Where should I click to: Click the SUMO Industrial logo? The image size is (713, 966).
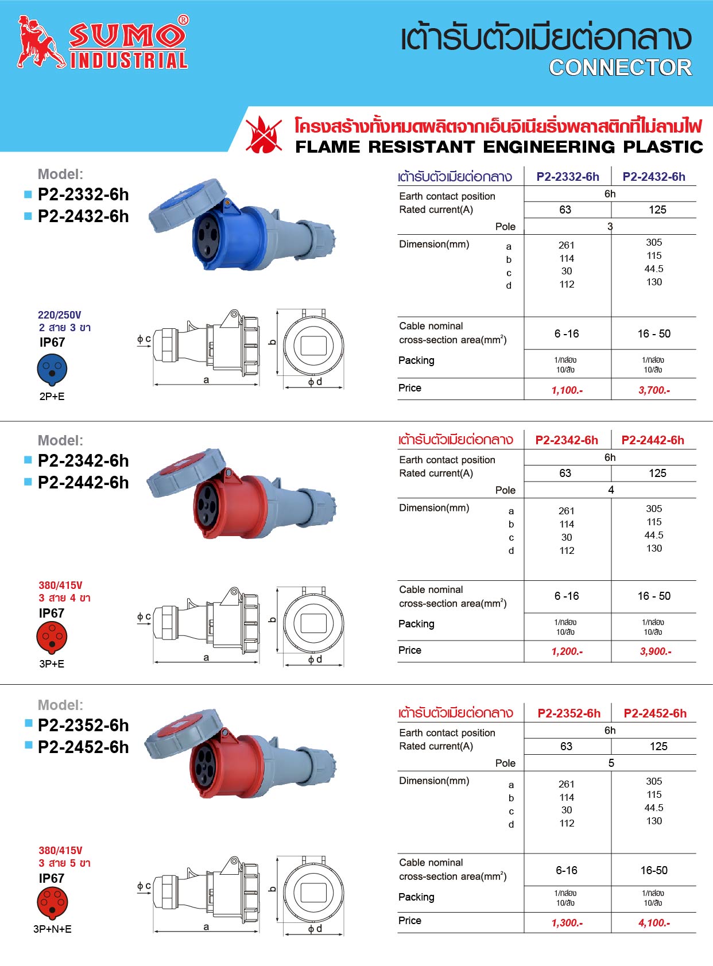[103, 42]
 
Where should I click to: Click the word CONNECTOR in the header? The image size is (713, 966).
[620, 68]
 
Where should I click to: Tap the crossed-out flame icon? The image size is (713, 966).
[263, 134]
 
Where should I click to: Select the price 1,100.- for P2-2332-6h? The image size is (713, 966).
[567, 390]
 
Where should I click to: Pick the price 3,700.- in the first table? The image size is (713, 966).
[654, 390]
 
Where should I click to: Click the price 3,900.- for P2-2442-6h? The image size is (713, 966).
[656, 651]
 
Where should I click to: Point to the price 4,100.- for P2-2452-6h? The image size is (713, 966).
[654, 923]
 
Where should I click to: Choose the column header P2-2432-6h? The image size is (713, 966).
[654, 177]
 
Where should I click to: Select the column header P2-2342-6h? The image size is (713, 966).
[567, 440]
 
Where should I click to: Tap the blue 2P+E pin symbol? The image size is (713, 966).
[52, 370]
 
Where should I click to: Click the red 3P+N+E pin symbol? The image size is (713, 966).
[52, 903]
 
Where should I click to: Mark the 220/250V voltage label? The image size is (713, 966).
[60, 315]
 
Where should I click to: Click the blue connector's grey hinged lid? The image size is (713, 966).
[187, 205]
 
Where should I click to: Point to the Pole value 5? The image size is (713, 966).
[611, 763]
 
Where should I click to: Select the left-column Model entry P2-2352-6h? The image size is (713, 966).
[83, 726]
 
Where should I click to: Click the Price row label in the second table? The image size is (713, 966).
[410, 650]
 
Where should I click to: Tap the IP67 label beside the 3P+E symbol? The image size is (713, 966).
[52, 613]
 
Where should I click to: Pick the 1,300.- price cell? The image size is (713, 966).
[567, 923]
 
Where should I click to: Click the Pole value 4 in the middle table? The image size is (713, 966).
[611, 490]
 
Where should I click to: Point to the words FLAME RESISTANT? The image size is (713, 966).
[385, 147]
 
